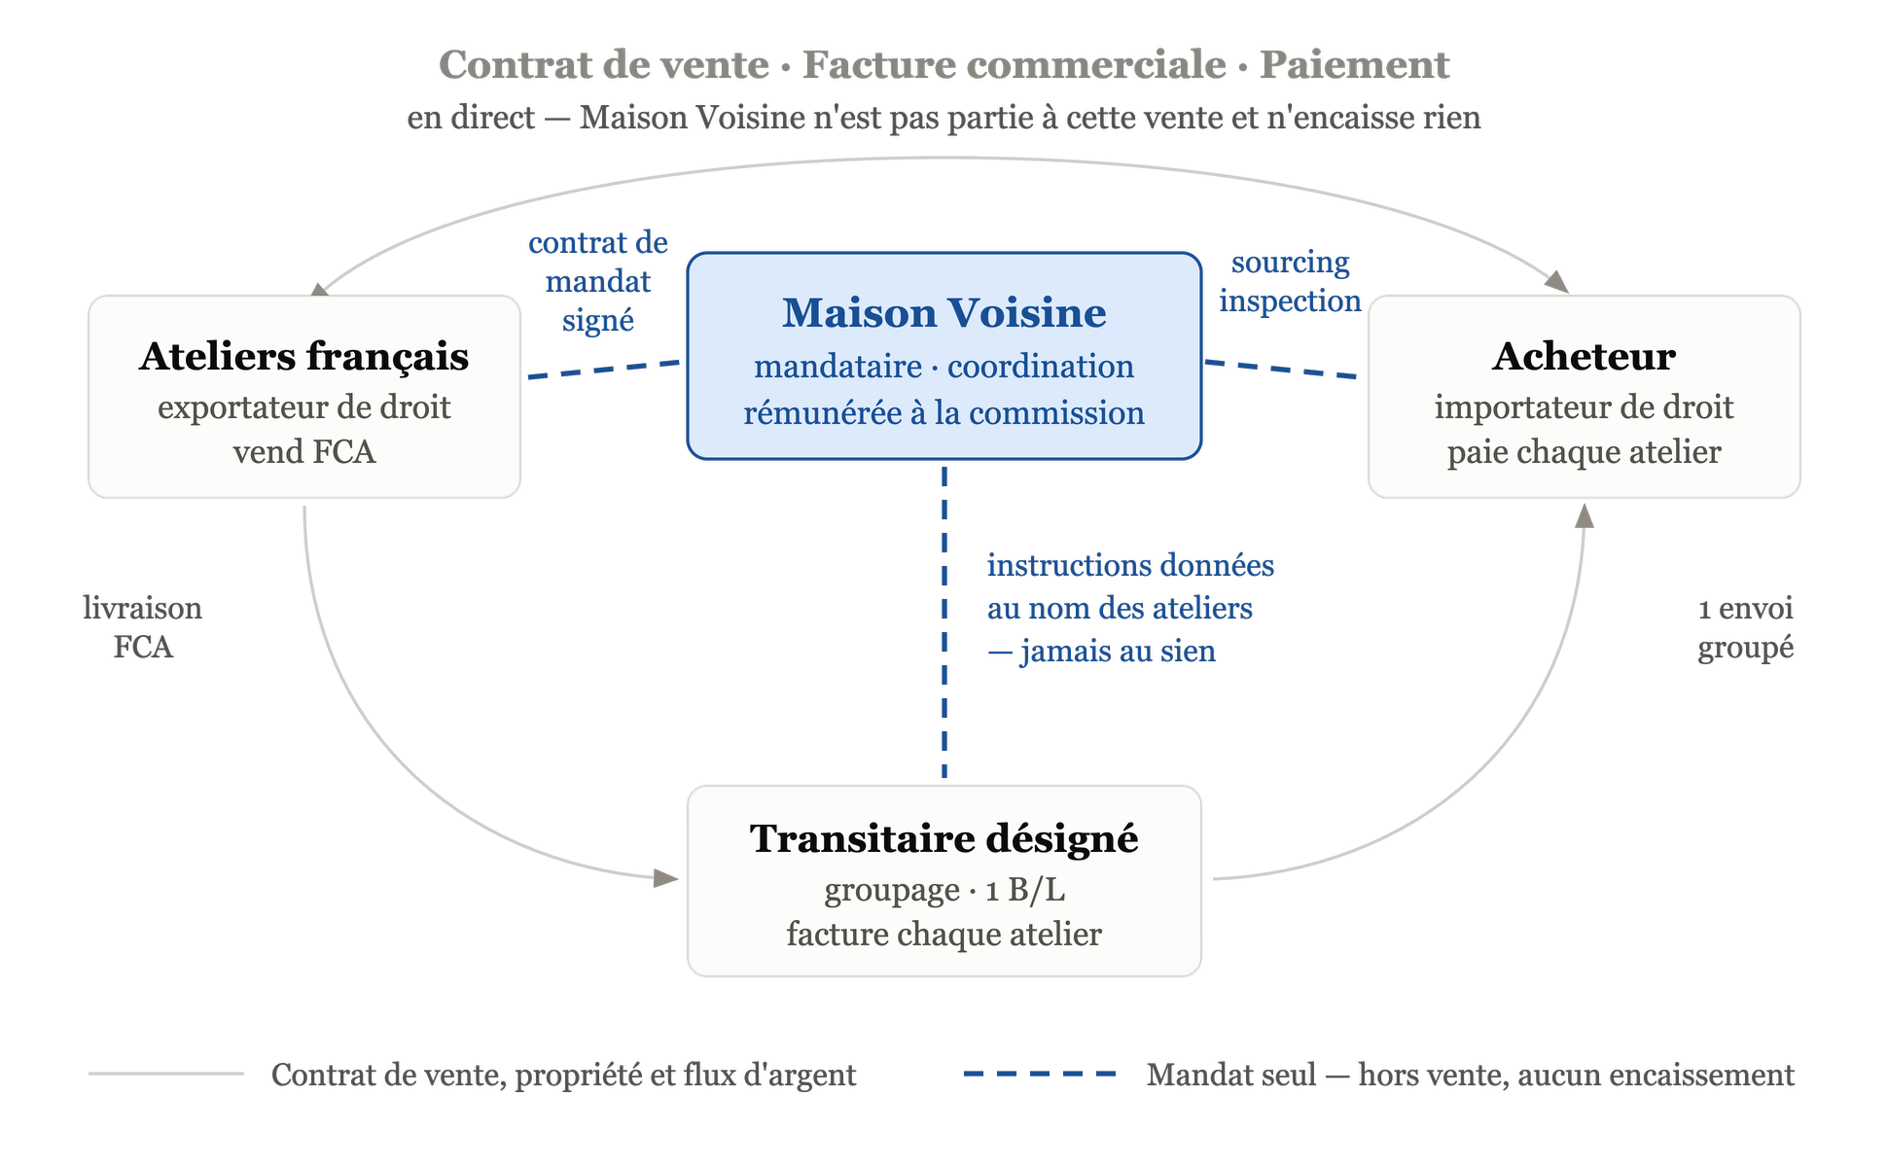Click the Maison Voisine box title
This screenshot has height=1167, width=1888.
944,313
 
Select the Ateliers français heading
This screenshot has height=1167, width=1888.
303,357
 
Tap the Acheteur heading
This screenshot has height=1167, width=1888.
1584,356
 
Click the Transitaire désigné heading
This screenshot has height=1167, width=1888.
944,839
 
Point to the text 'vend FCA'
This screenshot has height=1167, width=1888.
303,452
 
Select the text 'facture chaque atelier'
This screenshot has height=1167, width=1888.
944,935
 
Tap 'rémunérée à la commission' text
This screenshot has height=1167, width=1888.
944,413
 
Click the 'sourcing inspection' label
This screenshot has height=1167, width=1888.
1290,282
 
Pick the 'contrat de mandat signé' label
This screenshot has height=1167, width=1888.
597,282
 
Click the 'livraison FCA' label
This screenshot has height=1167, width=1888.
143,627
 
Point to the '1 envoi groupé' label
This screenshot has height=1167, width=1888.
1745,628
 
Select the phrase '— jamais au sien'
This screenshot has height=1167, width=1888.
1101,651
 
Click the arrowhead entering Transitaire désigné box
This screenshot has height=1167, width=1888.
666,878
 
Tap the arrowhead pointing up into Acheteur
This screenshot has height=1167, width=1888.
1585,515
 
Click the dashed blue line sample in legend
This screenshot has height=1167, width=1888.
1039,1074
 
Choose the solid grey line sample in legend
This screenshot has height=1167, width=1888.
166,1074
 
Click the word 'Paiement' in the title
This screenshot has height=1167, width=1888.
1354,65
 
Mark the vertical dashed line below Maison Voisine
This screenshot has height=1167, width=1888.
944,622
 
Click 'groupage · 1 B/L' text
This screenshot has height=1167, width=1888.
944,891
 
